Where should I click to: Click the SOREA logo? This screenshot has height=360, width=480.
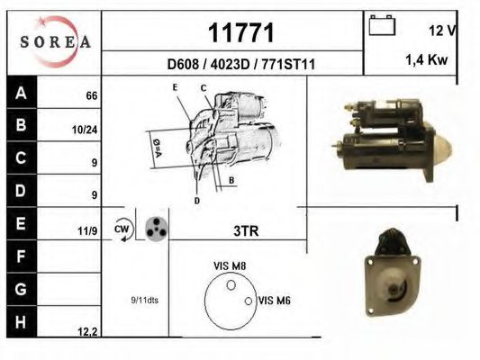pos(55,41)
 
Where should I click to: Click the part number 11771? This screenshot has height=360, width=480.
pos(241,32)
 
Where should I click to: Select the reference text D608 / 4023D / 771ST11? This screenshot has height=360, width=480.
pos(241,64)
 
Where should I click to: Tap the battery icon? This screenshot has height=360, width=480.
pos(382,25)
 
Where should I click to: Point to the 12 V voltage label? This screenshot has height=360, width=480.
pos(442,31)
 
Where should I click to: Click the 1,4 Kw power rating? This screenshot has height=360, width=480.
pos(427,59)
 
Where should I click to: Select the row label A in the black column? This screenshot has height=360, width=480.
pos(21,93)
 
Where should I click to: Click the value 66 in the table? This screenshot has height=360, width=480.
pos(92,95)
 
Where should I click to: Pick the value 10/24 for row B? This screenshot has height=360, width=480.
pos(85,130)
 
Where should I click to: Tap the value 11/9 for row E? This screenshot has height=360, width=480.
pos(87,231)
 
